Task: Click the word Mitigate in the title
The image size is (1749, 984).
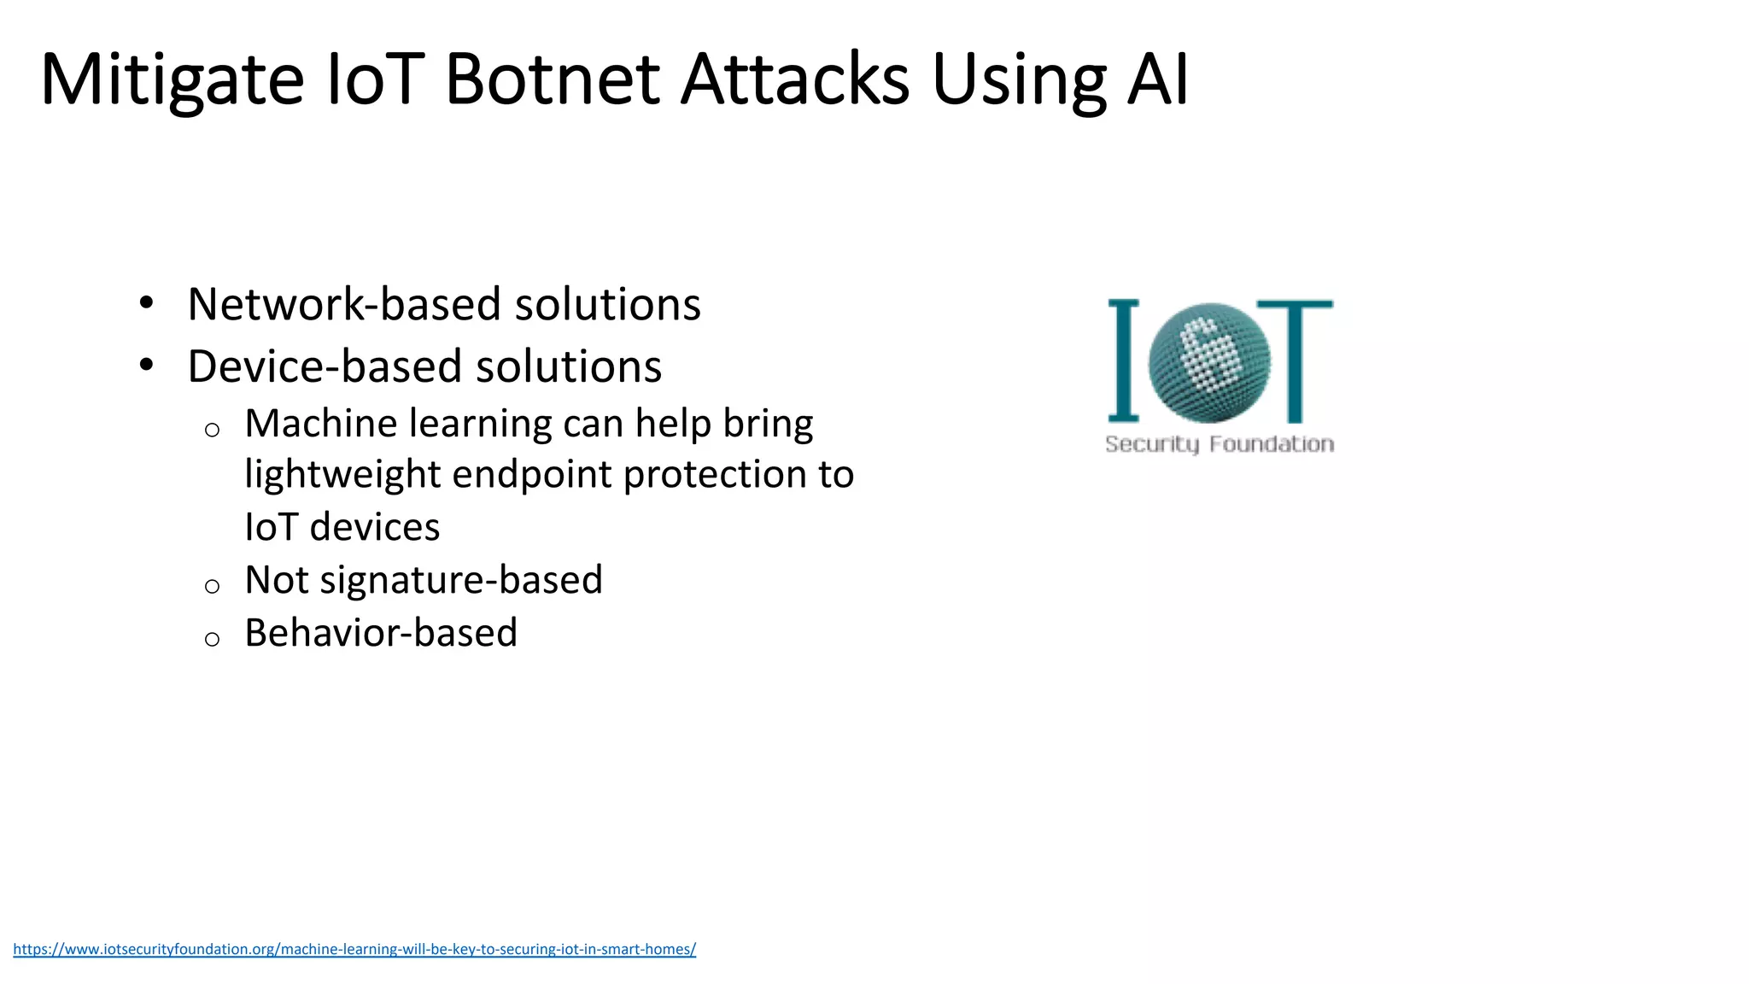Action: (x=172, y=81)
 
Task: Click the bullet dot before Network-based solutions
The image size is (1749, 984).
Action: (x=147, y=302)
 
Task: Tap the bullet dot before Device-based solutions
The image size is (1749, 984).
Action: (x=147, y=365)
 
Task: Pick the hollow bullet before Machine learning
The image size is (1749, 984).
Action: (x=213, y=430)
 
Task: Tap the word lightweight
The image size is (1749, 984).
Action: (x=342, y=475)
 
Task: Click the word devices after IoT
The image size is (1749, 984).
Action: (x=375, y=527)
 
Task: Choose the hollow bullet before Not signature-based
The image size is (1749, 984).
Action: (x=213, y=586)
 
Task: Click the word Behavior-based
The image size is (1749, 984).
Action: (x=381, y=633)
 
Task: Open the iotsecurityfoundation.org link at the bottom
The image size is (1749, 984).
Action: (x=354, y=949)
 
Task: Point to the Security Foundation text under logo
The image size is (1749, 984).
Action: (x=1220, y=444)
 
